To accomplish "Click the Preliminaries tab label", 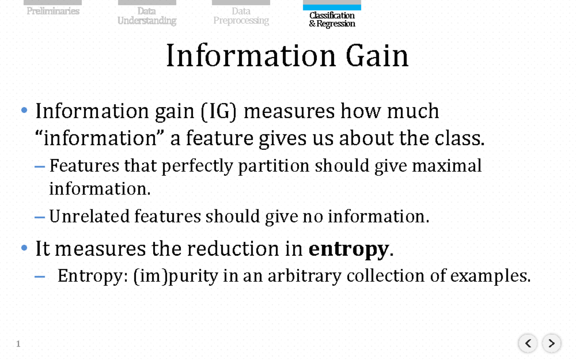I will point(53,11).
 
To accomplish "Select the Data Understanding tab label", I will point(147,16).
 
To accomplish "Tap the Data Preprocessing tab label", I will point(241,16).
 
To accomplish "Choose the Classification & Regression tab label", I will point(332,20).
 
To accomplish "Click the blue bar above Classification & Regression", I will point(332,7).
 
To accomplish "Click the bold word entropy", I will point(348,249).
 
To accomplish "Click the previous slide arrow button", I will point(528,343).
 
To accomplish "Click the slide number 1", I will point(18,344).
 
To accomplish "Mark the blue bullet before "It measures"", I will point(24,249).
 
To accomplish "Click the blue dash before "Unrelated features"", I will point(40,217).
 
